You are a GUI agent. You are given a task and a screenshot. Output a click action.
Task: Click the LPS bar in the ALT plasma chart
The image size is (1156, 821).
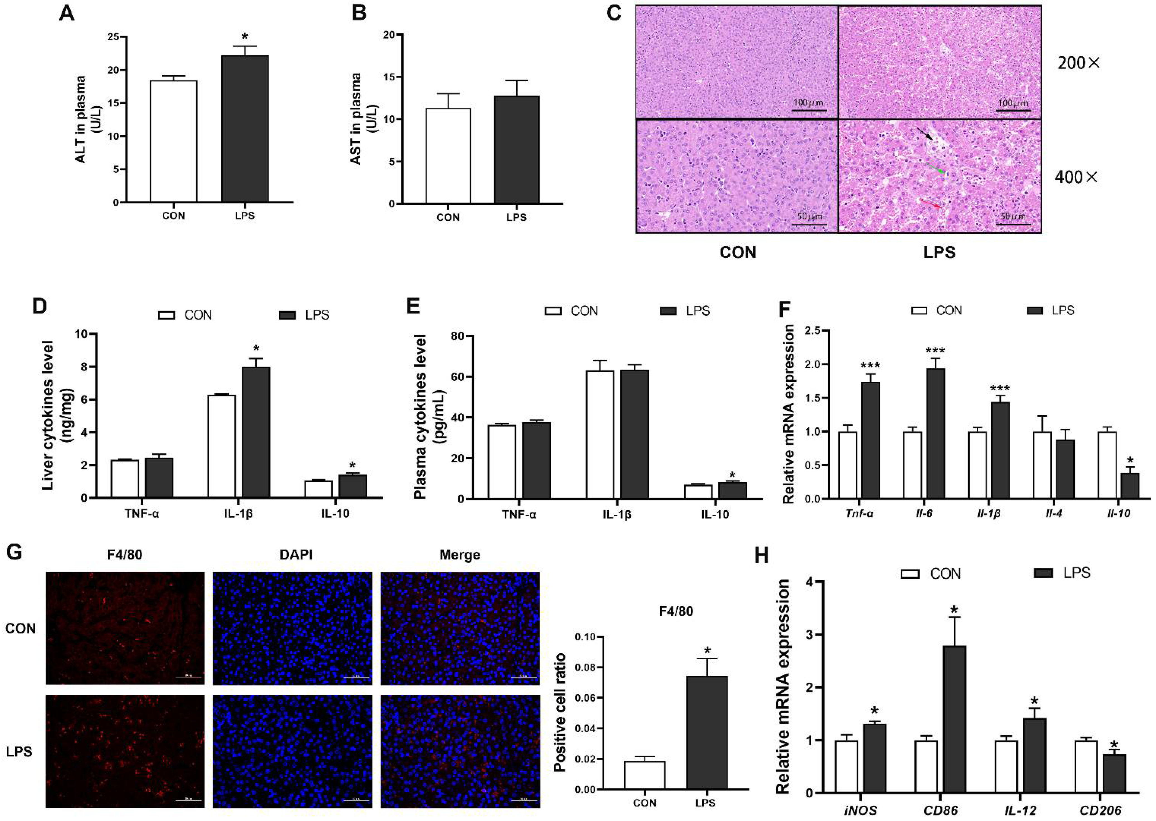coord(245,129)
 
